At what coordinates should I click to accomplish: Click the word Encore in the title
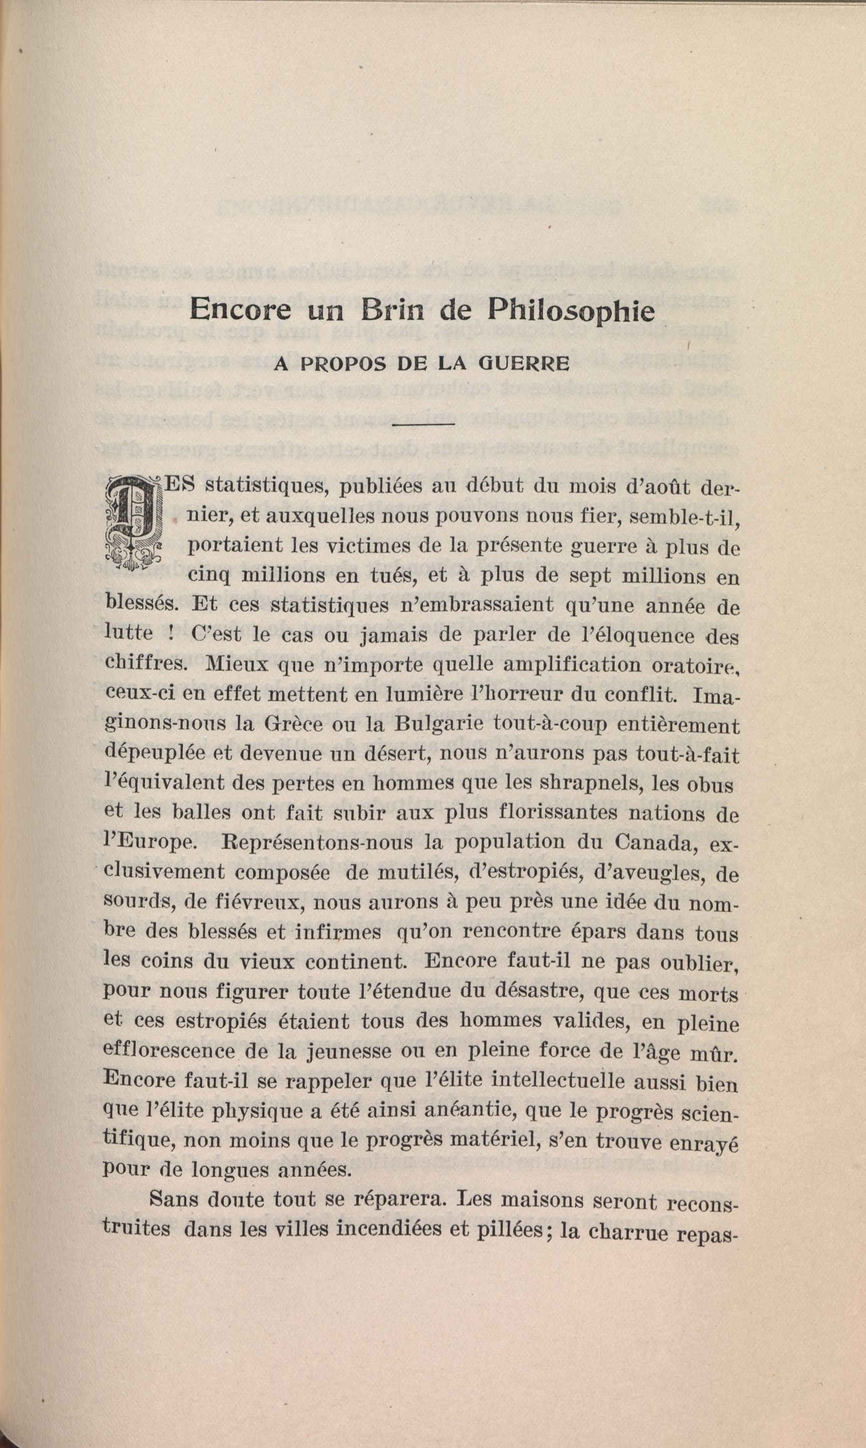point(240,311)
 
